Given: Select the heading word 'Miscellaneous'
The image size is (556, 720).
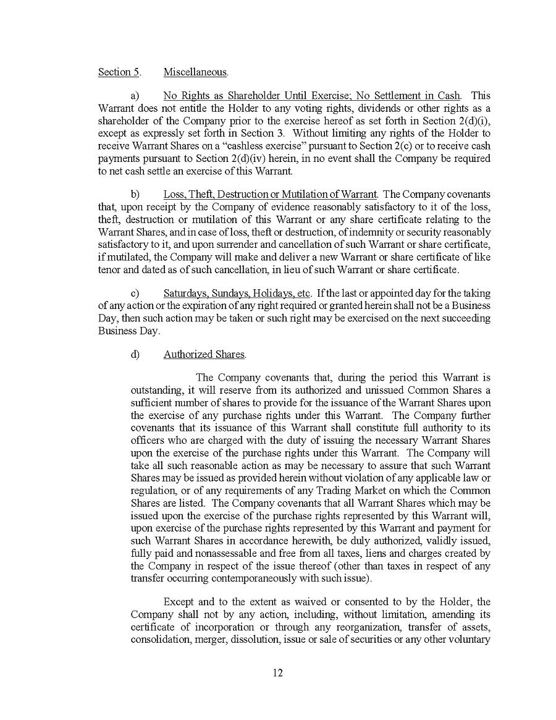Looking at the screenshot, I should [195, 72].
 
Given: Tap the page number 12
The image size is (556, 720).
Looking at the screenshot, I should [278, 672].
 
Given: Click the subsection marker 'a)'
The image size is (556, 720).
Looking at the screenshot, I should [135, 96].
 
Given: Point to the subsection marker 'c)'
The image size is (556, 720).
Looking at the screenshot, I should [135, 292].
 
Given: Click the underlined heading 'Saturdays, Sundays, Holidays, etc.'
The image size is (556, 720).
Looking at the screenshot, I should [238, 292].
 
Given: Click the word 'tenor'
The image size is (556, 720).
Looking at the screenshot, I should [109, 269].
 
